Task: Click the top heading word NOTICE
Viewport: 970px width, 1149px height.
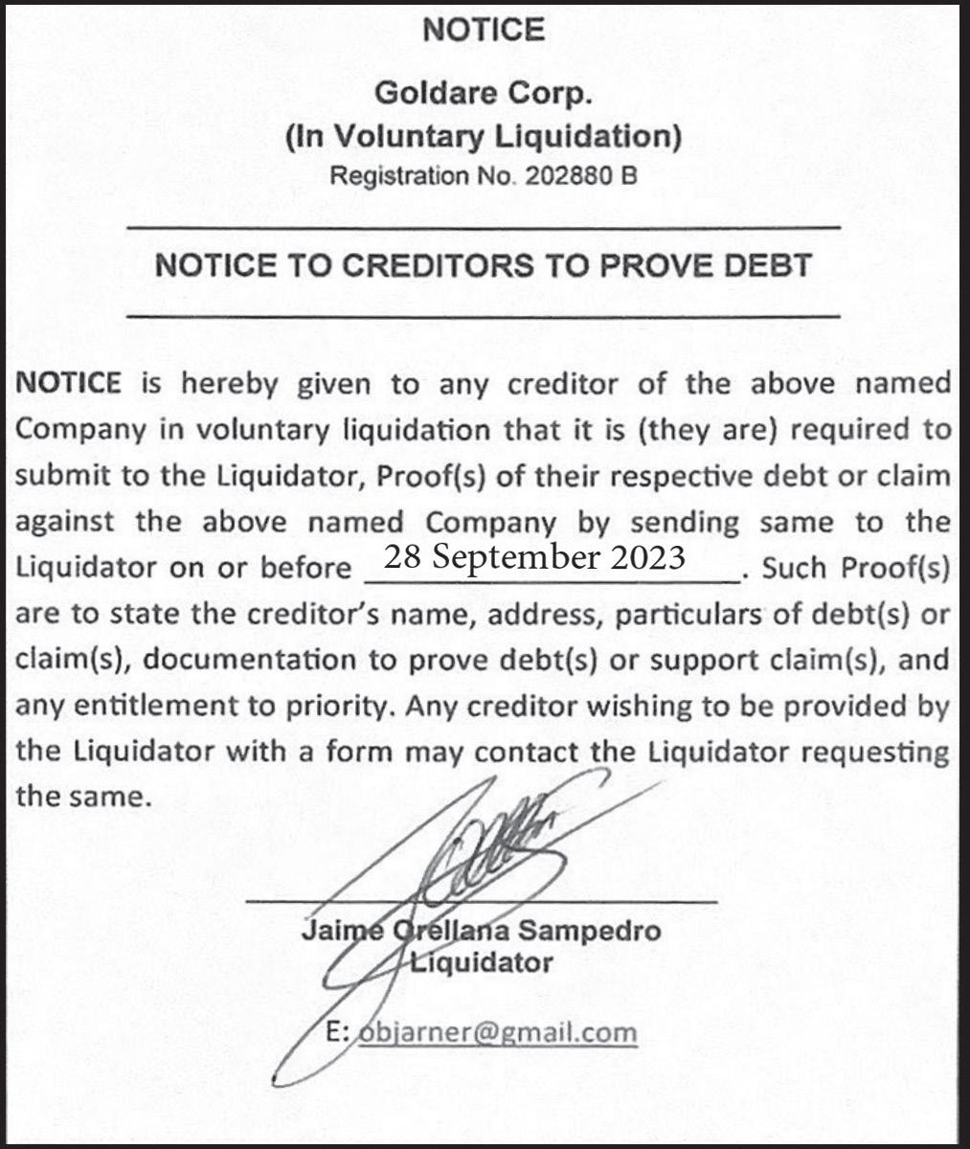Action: pos(484,30)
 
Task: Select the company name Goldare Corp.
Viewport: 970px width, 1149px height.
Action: pos(484,94)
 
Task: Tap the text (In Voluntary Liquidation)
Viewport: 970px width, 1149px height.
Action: pos(484,137)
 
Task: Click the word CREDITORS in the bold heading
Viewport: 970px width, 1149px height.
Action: pos(438,265)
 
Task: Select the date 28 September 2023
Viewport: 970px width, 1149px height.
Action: pos(534,557)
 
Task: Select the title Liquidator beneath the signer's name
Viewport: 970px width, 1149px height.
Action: pos(482,962)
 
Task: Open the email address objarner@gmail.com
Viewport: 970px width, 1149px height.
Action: pos(496,1033)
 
